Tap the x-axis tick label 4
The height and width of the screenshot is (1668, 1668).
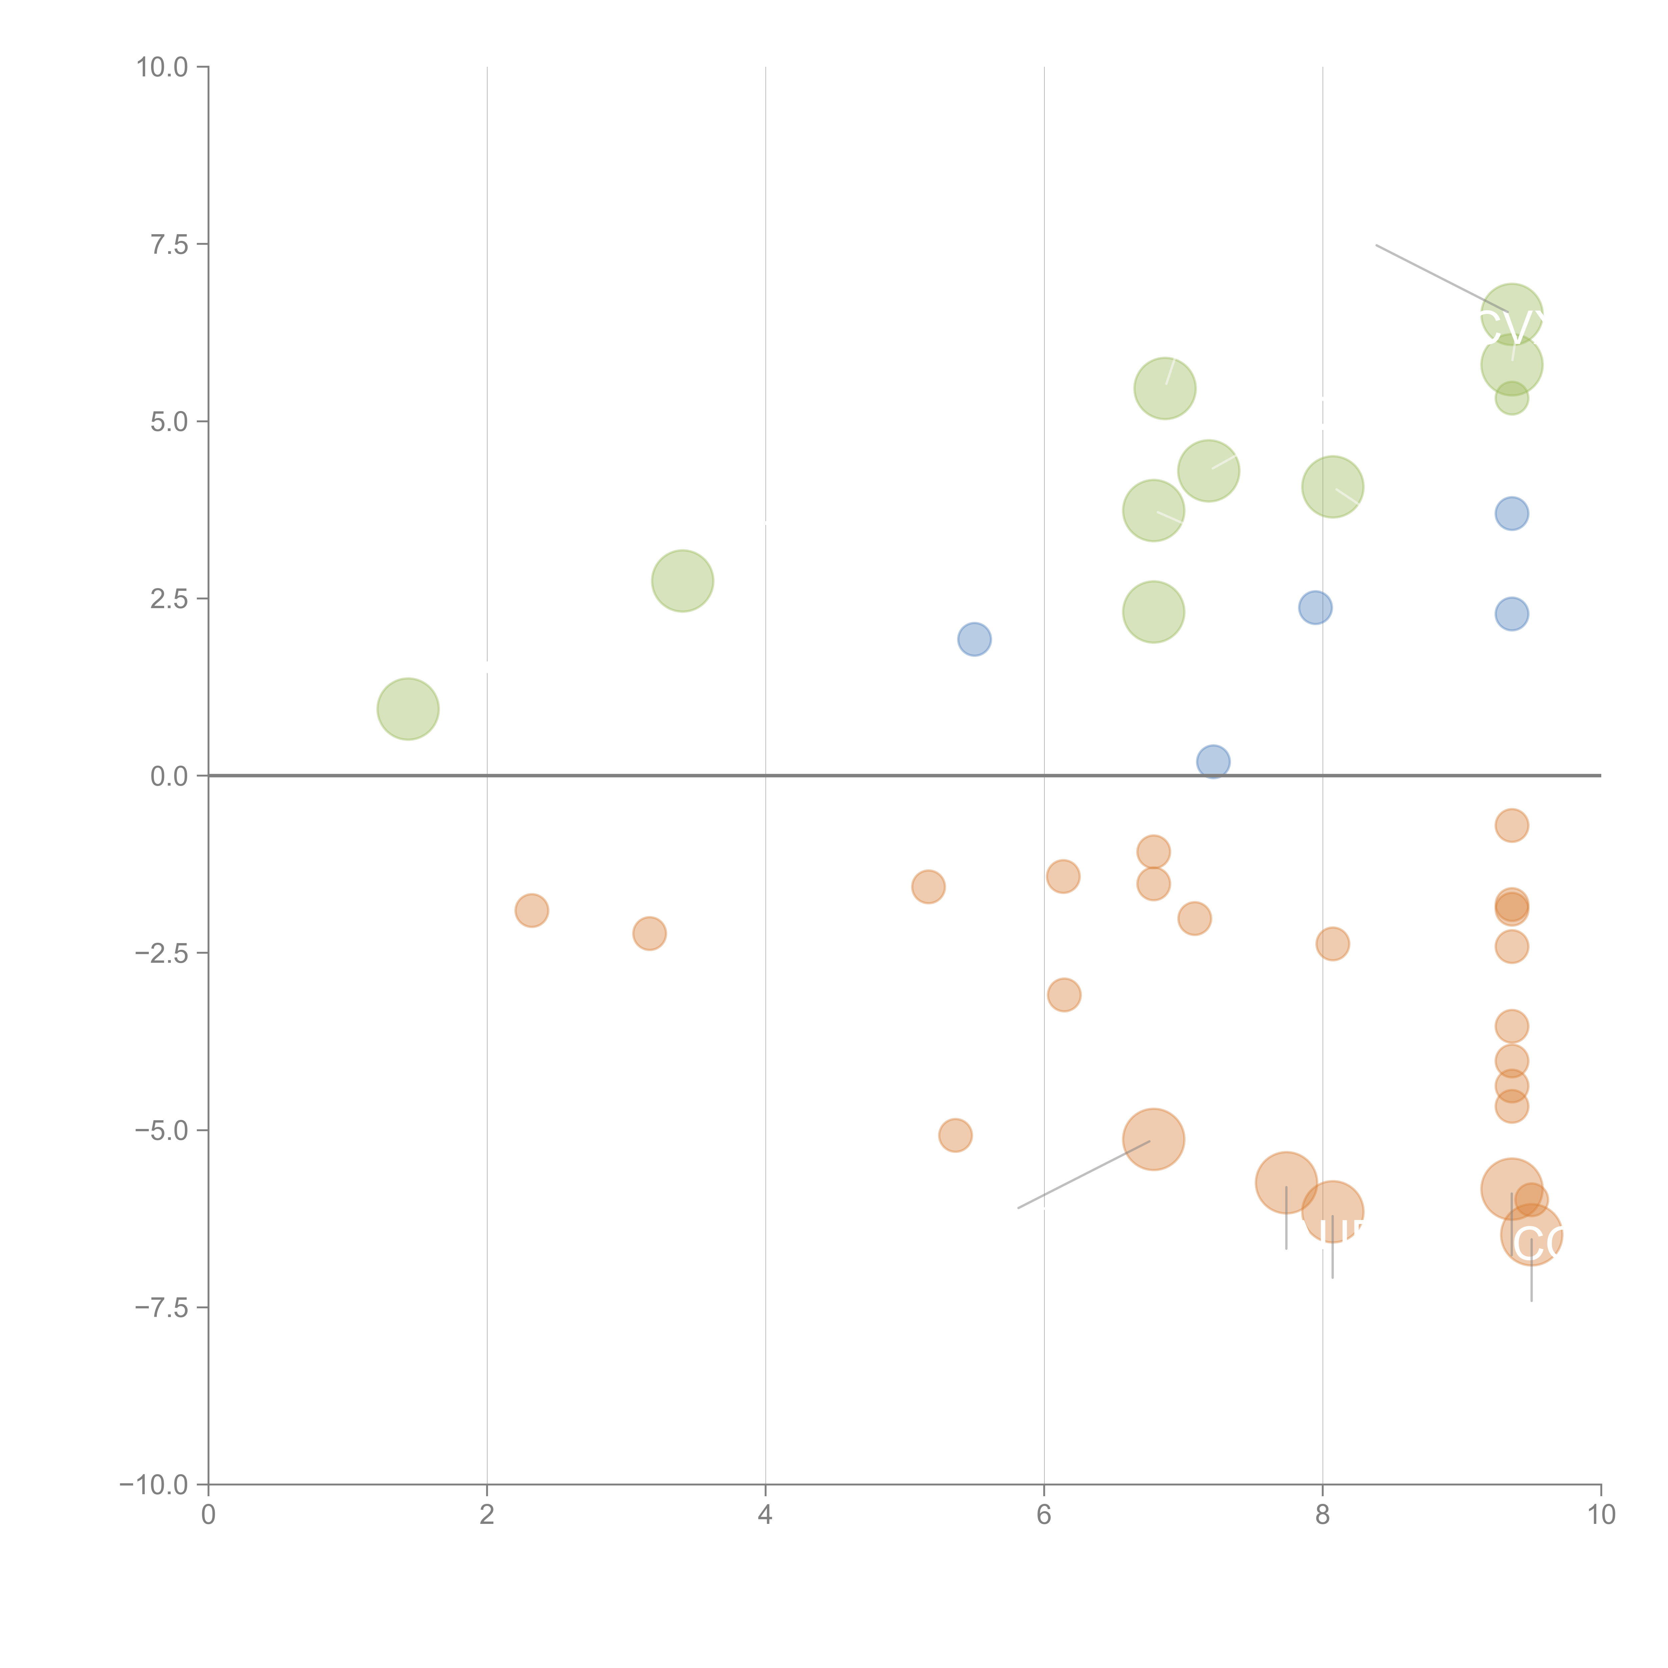tap(765, 1515)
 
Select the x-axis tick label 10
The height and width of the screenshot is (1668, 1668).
tap(1601, 1515)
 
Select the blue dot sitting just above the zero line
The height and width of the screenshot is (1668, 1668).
tap(1213, 762)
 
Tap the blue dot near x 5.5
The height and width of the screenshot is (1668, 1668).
tap(974, 639)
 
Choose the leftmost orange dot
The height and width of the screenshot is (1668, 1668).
tap(532, 910)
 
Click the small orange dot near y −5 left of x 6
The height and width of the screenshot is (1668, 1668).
tap(955, 1135)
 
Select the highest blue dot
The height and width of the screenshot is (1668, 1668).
tap(1512, 514)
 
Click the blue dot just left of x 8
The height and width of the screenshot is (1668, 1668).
tap(1315, 608)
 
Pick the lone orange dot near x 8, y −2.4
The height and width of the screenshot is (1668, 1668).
tap(1332, 944)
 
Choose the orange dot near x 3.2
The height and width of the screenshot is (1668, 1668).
tap(649, 933)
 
